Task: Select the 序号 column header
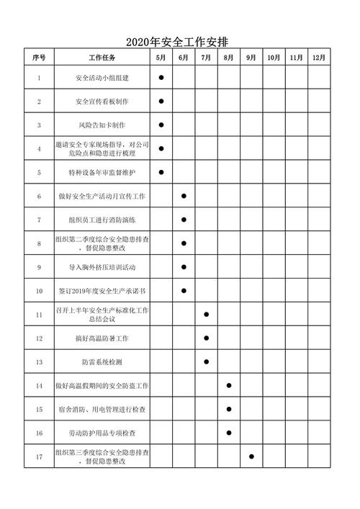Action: [x=39, y=58]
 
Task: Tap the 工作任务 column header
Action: [x=102, y=58]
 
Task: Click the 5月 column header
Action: [x=161, y=58]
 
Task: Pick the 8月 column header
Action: [x=228, y=58]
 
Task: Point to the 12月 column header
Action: [x=318, y=58]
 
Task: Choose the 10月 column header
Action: [x=274, y=58]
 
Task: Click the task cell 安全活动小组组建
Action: [x=102, y=77]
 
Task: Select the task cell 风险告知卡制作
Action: [x=102, y=125]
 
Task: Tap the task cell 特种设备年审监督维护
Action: [x=102, y=172]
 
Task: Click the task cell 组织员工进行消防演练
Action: [x=102, y=220]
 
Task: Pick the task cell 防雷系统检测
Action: [x=102, y=361]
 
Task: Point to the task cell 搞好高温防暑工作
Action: [x=102, y=338]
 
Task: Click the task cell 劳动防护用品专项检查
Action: [x=102, y=433]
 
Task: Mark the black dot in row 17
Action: [x=251, y=456]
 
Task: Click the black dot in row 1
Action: [x=161, y=77]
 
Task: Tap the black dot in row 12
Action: [x=207, y=338]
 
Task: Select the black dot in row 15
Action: [x=229, y=409]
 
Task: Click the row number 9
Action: [x=39, y=267]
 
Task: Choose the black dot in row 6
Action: [x=184, y=196]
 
